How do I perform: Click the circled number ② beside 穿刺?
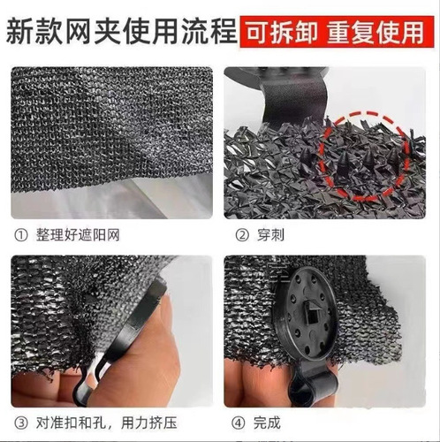click(241, 235)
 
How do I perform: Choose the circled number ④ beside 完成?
click(241, 422)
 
